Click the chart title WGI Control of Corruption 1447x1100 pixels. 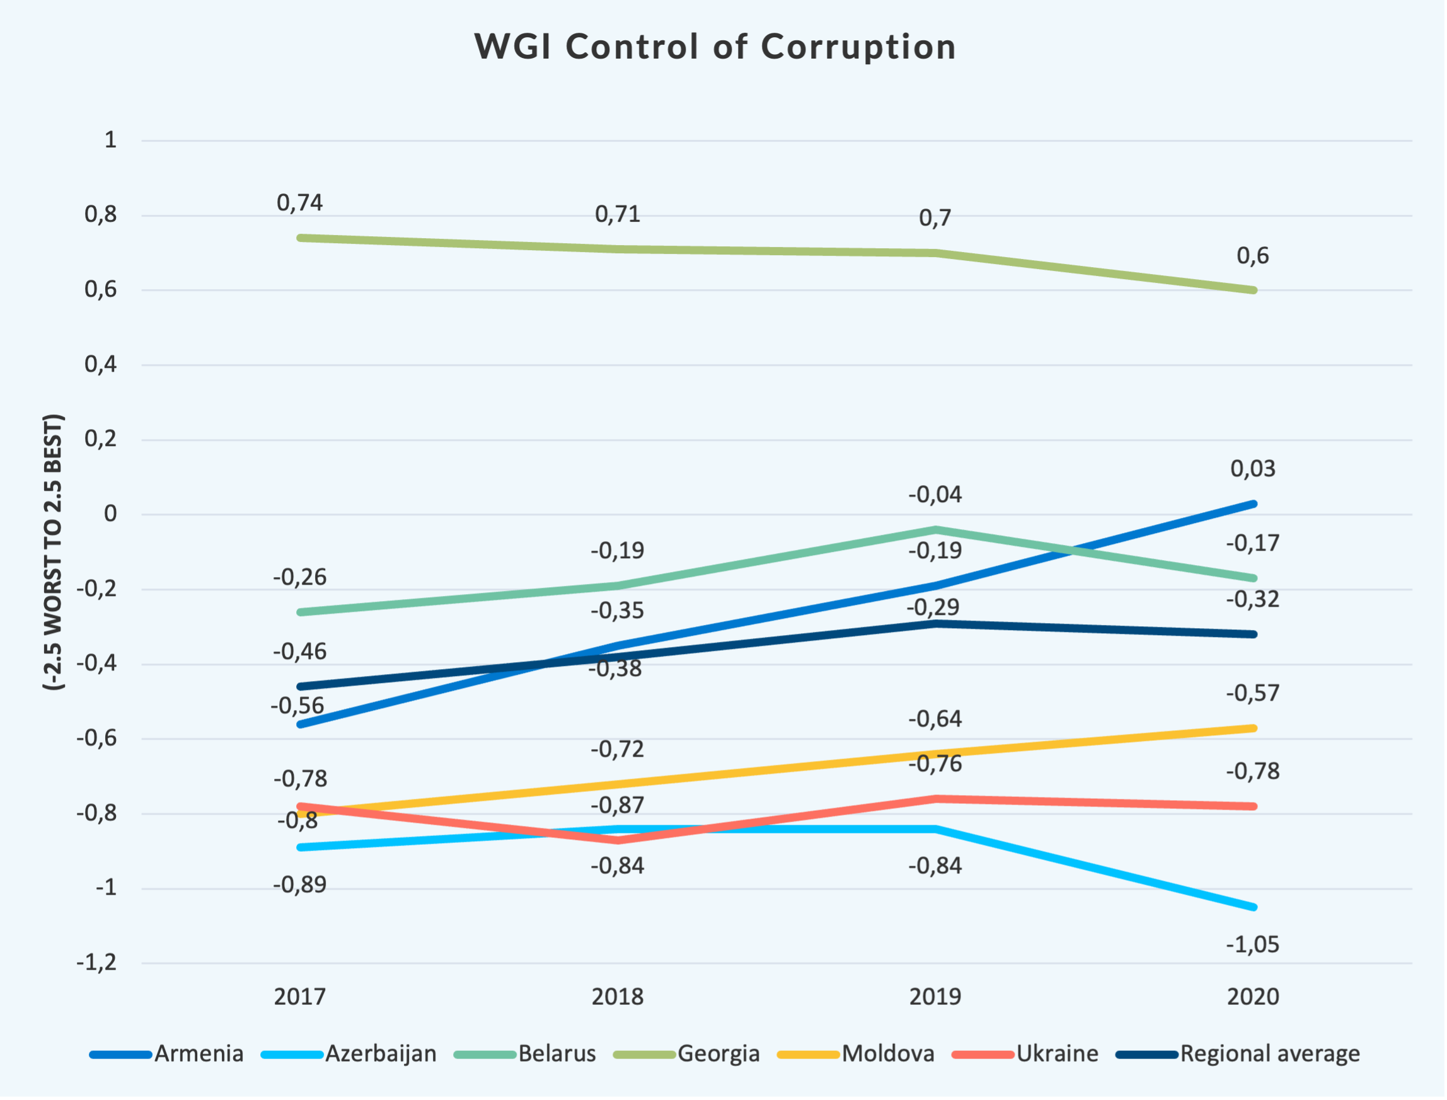coord(715,47)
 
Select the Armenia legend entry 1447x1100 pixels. coord(199,1053)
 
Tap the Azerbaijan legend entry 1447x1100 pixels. coord(381,1053)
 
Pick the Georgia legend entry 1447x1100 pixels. coord(718,1053)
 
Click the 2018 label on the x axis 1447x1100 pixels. coord(617,997)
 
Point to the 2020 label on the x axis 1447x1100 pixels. coord(1252,997)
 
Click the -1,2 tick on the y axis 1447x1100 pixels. coord(97,963)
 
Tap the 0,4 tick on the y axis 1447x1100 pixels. coord(101,364)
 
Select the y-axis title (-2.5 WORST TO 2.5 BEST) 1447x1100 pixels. coord(54,552)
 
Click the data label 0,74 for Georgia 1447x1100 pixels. coord(299,203)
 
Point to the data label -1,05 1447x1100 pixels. coord(1252,944)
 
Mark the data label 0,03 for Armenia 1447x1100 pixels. coord(1252,468)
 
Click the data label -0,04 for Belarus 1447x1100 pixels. coord(935,495)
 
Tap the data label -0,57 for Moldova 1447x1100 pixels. coord(1252,693)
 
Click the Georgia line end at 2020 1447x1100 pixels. coord(1253,289)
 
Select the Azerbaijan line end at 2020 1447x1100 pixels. coord(1253,907)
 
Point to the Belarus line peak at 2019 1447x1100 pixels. coord(935,529)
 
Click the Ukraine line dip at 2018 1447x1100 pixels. coord(618,840)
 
